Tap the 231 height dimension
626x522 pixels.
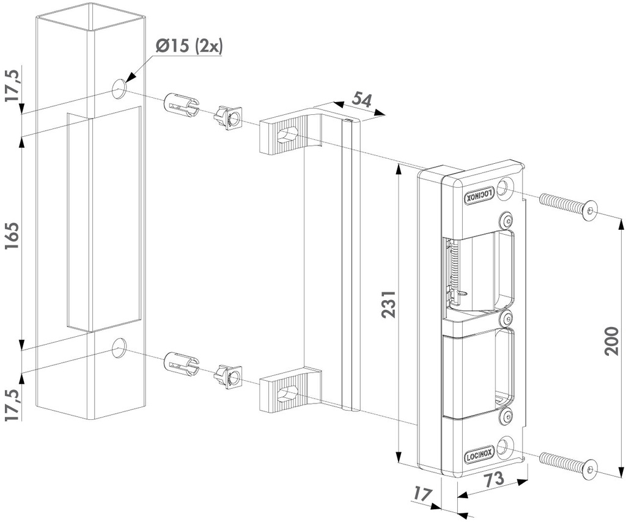pos(389,304)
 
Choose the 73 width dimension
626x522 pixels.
pos(495,480)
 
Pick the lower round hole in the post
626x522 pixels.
pos(119,348)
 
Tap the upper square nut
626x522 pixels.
pos(227,116)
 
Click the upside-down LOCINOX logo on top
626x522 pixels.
pos(480,194)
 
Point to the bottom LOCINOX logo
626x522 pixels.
pos(480,455)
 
